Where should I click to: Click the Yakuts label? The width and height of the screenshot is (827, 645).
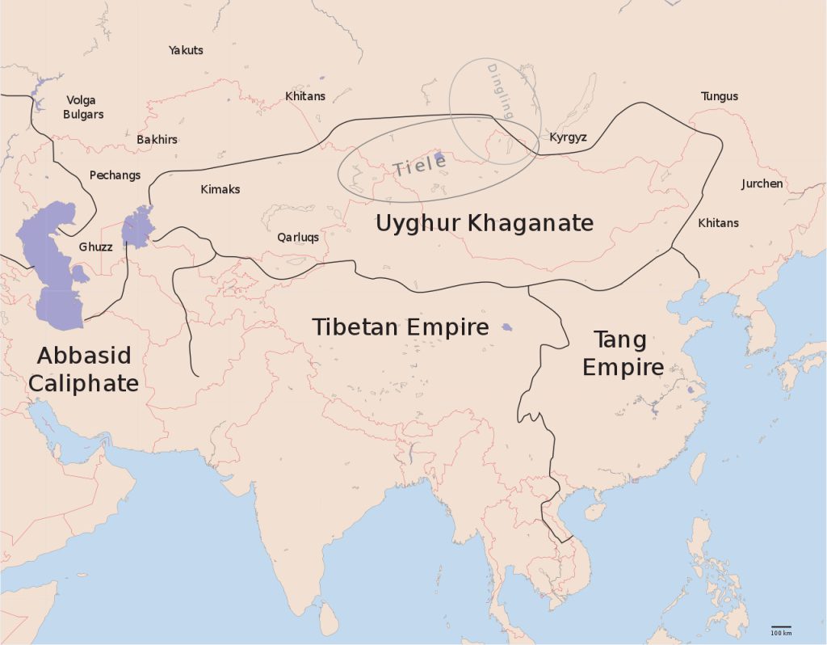click(x=186, y=50)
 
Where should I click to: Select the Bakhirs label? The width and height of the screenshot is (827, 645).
click(x=157, y=140)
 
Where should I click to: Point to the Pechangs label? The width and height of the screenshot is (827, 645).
click(x=115, y=175)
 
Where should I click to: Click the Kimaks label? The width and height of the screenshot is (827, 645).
click(x=220, y=190)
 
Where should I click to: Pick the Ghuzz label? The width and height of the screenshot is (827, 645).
click(x=95, y=247)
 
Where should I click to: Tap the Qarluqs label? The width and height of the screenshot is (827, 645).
click(x=298, y=238)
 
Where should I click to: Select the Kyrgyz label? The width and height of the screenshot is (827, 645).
click(x=568, y=137)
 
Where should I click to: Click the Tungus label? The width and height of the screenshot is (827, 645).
click(x=719, y=96)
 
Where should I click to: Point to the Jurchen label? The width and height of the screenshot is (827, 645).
click(x=762, y=183)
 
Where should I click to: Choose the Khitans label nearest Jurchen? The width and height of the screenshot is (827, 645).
click(x=718, y=222)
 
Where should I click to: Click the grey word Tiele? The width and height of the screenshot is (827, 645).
click(x=420, y=165)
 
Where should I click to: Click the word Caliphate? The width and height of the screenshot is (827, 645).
click(x=83, y=383)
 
